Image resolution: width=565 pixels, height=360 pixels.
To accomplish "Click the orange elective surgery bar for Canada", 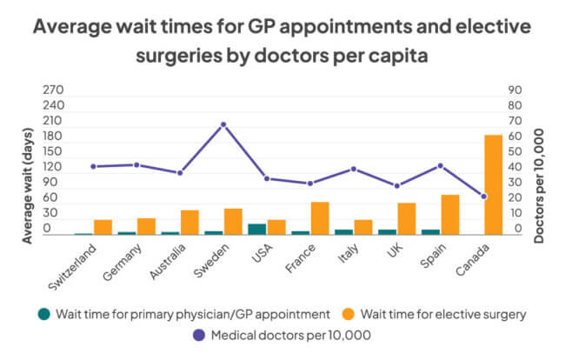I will coord(493,184).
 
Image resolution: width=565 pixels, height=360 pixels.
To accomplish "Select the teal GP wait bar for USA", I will coord(257,230).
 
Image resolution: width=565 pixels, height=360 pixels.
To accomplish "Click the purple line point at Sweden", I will coord(223,124).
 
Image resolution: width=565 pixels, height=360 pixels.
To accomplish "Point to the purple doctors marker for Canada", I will coord(483,197).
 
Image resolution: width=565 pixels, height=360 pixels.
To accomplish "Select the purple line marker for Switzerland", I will coord(93,166).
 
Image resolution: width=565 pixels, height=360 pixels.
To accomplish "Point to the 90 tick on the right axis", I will coord(515,89).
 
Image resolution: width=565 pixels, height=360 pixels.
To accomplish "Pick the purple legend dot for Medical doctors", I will coord(176,334).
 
